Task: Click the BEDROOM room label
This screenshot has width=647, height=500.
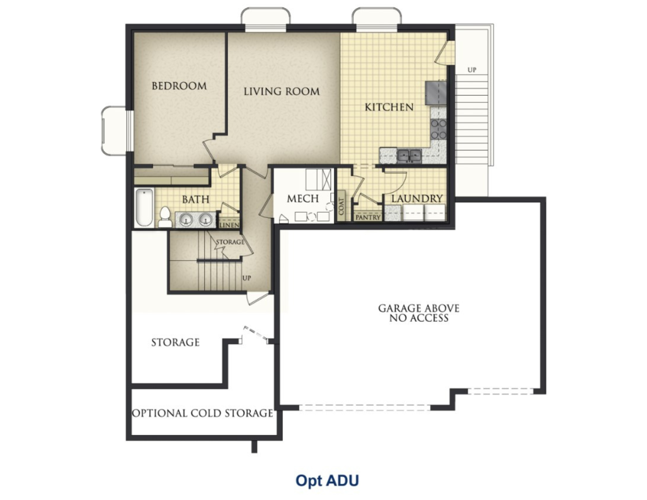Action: coord(179,86)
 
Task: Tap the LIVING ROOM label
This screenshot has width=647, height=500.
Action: coord(281,91)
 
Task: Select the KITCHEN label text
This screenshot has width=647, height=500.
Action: coord(389,107)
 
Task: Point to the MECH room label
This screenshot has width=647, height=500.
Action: coord(303,199)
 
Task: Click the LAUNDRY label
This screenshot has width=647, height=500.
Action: coord(417,199)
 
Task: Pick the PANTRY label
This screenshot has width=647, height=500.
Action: coord(368,218)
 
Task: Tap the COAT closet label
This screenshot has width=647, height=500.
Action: coord(341,206)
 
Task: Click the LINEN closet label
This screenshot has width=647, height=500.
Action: coord(229,225)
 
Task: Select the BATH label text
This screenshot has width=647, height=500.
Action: coord(195,200)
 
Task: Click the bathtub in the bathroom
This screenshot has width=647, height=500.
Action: coord(144,207)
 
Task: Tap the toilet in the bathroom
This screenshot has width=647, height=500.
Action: coord(165,217)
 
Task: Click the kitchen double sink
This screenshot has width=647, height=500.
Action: coord(409,156)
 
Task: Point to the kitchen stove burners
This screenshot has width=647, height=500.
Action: coord(438,129)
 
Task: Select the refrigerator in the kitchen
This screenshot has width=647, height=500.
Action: coord(436,93)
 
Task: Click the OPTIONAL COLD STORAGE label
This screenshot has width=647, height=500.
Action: coord(202,413)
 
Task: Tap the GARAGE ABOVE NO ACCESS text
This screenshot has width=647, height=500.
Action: coord(419,313)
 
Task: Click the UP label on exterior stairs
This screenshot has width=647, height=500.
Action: coord(472,70)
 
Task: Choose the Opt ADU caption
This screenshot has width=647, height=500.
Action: coord(327,480)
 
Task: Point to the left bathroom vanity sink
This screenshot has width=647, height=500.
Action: coord(185,220)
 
